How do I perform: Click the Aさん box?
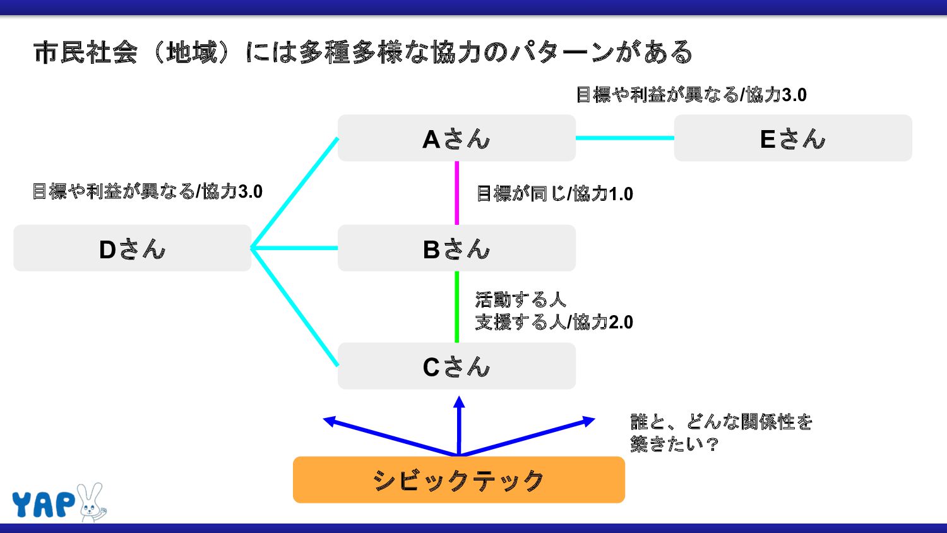(456, 138)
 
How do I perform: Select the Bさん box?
(456, 248)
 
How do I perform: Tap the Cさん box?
(456, 366)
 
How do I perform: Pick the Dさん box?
(132, 248)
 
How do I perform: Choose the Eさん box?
(793, 138)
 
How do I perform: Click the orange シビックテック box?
(458, 480)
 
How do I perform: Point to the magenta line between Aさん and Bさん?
(456, 193)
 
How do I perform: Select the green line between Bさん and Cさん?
(456, 307)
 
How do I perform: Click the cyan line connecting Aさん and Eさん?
(625, 138)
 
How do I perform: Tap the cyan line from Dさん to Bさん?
(294, 248)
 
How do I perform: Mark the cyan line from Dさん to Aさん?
(295, 193)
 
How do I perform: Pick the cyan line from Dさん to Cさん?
(295, 307)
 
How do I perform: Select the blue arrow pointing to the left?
(385, 436)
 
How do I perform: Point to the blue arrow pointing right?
(530, 436)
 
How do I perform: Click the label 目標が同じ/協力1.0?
(554, 193)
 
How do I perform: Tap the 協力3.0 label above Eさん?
(691, 95)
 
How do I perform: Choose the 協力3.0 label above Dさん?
(147, 191)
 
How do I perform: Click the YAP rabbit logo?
(59, 503)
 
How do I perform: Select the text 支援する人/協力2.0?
(554, 322)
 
